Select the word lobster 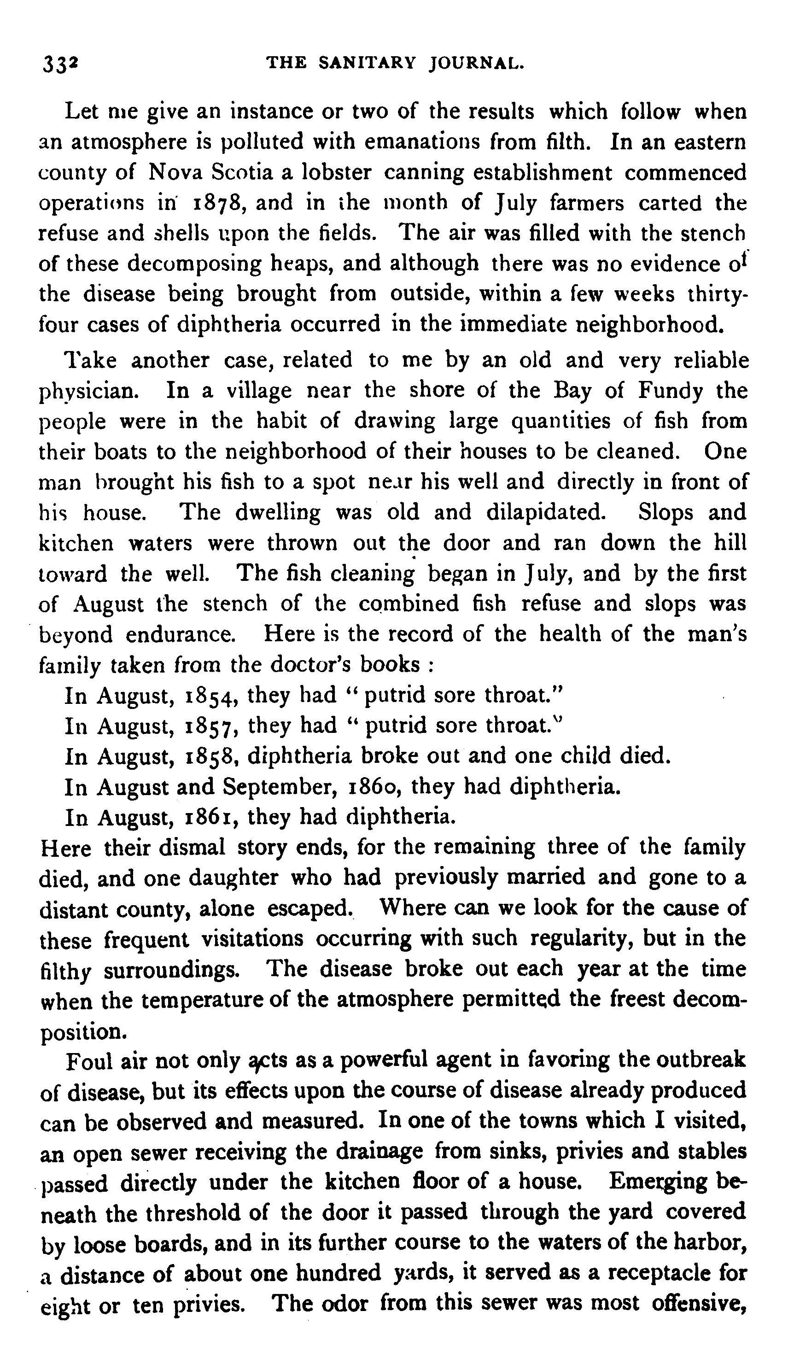[336, 173]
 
